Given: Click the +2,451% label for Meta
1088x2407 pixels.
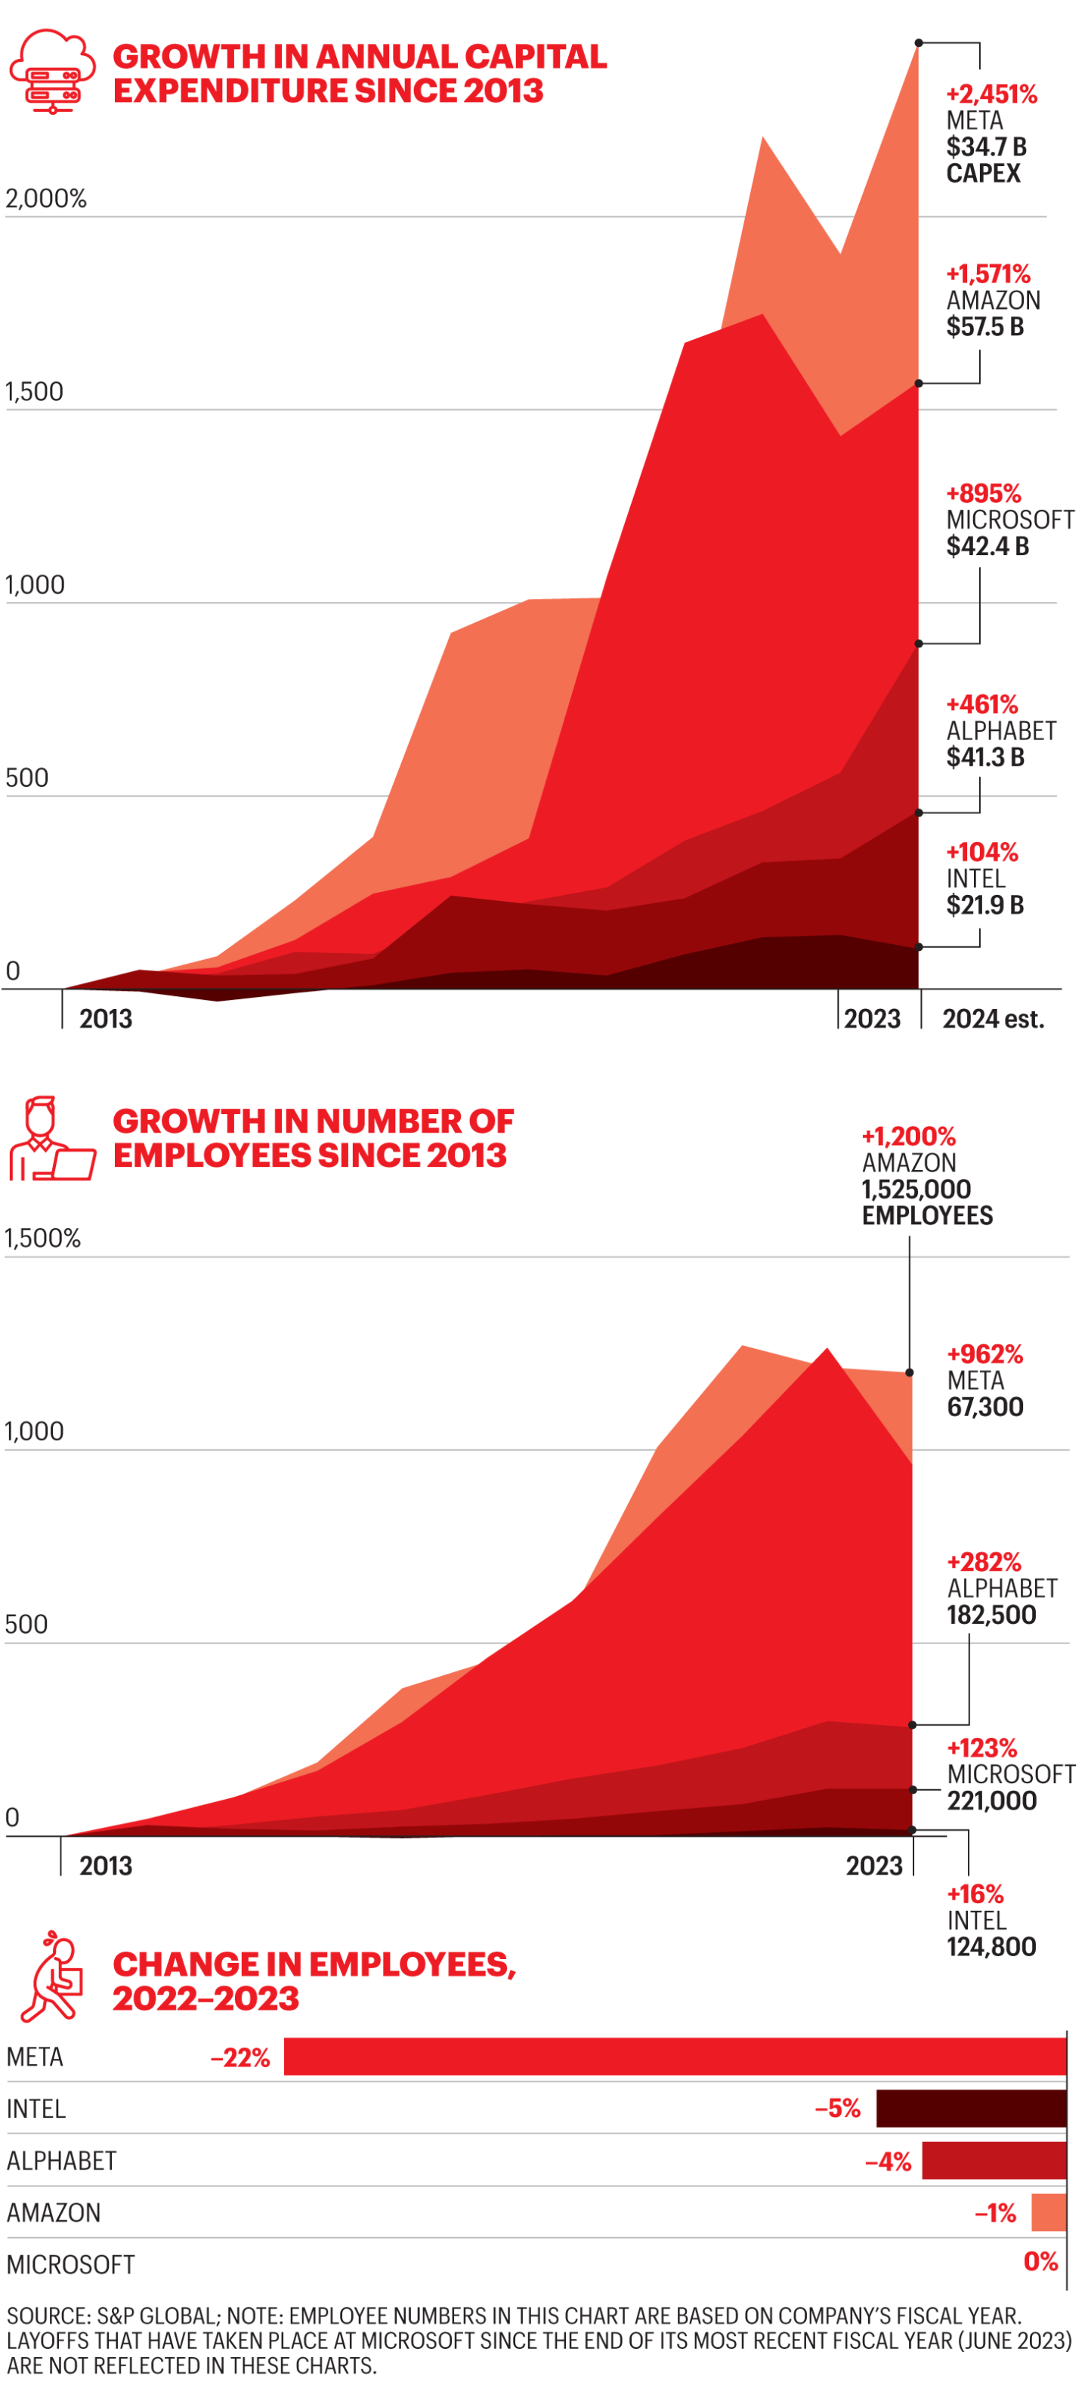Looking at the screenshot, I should click(991, 94).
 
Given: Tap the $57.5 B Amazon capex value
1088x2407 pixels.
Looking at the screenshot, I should click(984, 327).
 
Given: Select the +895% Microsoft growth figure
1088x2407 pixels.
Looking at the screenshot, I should click(982, 493).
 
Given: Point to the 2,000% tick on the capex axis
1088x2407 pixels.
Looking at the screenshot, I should click(46, 199).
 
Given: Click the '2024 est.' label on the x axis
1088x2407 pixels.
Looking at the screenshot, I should click(992, 1019).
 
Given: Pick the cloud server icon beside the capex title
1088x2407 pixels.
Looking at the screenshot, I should click(52, 71).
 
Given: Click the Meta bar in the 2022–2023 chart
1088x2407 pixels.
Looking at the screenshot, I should click(674, 2057).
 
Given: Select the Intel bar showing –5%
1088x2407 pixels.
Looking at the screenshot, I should click(970, 2109).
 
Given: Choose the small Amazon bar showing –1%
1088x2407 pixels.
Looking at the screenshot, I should click(1048, 2213).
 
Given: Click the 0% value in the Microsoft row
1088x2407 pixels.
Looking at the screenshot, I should click(1040, 2261).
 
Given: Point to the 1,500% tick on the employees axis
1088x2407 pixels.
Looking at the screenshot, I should click(43, 1239).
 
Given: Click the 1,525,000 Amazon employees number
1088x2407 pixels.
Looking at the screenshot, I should click(915, 1190).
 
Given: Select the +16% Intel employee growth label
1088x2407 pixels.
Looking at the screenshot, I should click(974, 1895).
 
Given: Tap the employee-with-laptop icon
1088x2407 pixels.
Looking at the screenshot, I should click(52, 1139).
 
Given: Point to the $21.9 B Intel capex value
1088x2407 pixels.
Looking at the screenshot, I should click(984, 906).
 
